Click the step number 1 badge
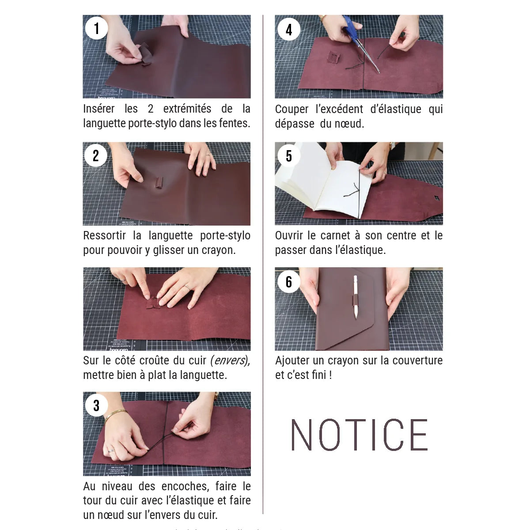point(96,29)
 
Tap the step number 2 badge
point(96,155)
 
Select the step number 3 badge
point(96,405)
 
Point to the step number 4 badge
point(288,30)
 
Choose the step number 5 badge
point(288,155)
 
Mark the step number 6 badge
point(288,281)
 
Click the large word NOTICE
point(359,435)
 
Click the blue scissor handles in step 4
point(352,26)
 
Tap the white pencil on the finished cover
point(356,296)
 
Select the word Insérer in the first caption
point(99,109)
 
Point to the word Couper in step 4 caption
point(291,109)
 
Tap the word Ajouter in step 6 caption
point(292,360)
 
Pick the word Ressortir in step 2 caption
point(104,235)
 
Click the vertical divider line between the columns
point(263,265)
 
